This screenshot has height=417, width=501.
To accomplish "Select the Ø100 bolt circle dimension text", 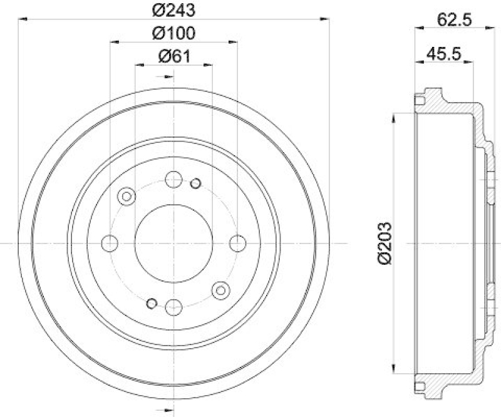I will tap(173, 33).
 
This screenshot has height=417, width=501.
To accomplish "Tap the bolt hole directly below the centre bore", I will tap(173, 306).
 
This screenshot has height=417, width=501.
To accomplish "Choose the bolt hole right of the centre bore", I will tap(237, 242).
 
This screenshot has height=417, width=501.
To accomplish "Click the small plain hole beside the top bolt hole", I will tap(195, 183).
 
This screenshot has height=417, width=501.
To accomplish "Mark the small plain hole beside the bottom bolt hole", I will tap(151, 304).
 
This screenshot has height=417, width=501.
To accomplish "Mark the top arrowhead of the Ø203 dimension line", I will tap(393, 116).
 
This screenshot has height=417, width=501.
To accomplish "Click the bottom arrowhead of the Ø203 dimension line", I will tap(393, 370).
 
